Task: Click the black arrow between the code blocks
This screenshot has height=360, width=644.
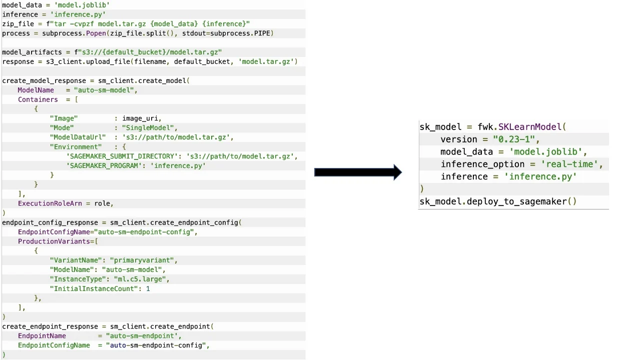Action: (x=357, y=172)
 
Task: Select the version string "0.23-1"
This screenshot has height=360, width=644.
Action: (x=514, y=139)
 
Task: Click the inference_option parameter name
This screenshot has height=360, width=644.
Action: (x=482, y=164)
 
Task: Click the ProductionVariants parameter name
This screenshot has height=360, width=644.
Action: (x=56, y=241)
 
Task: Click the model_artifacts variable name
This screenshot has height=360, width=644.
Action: (x=32, y=52)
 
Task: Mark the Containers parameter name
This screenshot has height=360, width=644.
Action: (x=38, y=99)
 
